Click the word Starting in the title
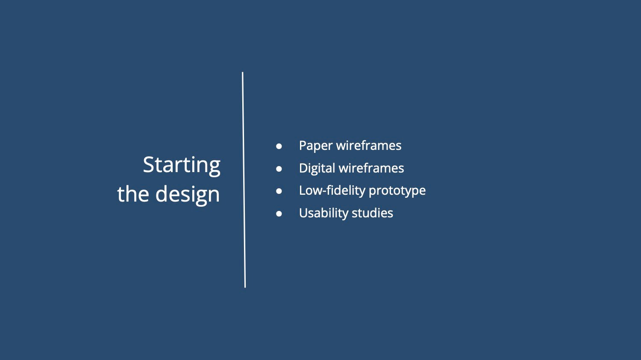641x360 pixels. coord(182,166)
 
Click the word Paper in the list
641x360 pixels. coord(315,146)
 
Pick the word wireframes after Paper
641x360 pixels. coord(369,145)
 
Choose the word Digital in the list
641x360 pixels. coord(317,168)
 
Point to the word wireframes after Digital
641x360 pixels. coord(371,168)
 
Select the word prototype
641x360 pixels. coord(397,191)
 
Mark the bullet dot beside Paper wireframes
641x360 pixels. coord(279,146)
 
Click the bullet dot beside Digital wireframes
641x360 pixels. coord(279,169)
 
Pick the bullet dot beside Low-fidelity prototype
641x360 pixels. coord(279,191)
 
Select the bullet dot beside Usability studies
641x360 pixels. coord(279,214)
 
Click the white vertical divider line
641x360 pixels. coord(244,180)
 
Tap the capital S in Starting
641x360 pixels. coord(149,165)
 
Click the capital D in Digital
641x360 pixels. coord(303,168)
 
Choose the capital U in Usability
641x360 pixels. coord(303,213)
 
